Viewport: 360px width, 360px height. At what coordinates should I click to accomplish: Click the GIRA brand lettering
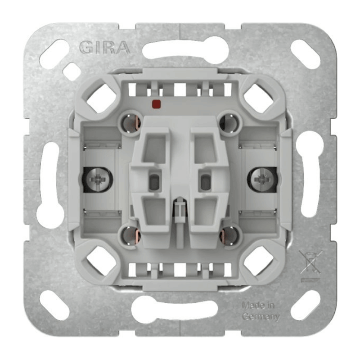(x=104, y=47)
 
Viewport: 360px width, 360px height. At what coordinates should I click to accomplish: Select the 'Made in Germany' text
(x=260, y=311)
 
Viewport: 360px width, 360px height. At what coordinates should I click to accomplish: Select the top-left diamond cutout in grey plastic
(x=100, y=98)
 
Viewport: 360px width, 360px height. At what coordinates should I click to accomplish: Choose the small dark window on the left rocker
(x=154, y=182)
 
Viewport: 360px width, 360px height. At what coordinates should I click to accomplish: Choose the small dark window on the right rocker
(x=205, y=182)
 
